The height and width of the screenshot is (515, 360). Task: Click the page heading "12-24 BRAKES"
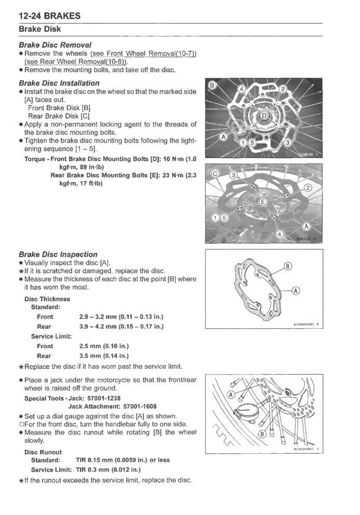click(49, 16)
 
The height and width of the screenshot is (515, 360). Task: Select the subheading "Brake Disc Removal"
click(55, 45)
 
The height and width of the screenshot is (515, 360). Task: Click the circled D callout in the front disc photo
click(265, 115)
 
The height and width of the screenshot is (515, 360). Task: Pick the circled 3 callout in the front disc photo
click(289, 143)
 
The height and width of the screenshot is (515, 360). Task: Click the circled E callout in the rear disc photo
click(262, 201)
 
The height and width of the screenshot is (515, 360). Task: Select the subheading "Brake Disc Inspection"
click(58, 254)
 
